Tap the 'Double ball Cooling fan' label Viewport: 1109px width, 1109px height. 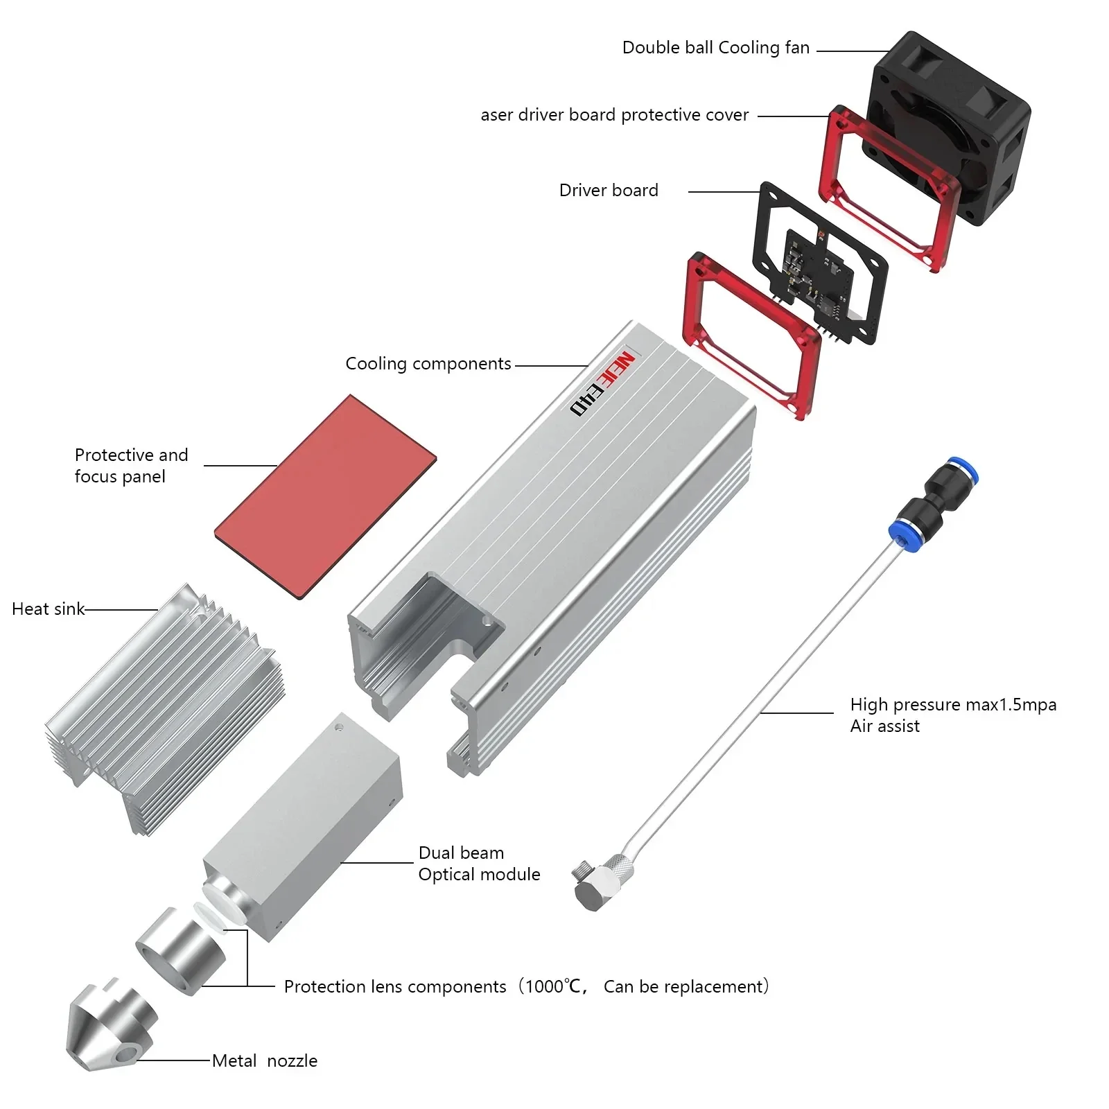pos(715,48)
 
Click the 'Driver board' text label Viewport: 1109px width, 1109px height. pos(609,191)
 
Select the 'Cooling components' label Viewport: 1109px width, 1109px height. pos(428,364)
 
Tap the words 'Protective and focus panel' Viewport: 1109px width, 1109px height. pos(131,465)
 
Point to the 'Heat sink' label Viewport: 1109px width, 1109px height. pos(48,609)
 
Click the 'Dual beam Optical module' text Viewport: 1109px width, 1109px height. pos(478,864)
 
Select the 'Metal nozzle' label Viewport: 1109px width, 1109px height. pos(265,1061)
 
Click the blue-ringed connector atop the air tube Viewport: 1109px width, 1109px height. pos(932,499)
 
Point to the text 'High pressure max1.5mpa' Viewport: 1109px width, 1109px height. pos(952,705)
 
